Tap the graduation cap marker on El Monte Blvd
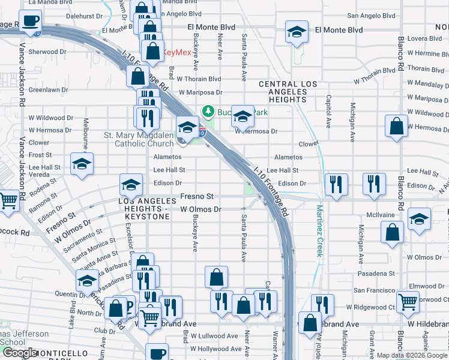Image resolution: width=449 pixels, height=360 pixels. pyautogui.click(x=296, y=32)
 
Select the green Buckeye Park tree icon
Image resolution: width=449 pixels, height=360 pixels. pyautogui.click(x=208, y=111)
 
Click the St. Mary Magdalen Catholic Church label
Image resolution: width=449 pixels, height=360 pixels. pyautogui.click(x=139, y=139)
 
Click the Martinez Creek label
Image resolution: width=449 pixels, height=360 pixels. pyautogui.click(x=319, y=231)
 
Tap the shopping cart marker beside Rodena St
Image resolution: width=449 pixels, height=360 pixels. pyautogui.click(x=8, y=202)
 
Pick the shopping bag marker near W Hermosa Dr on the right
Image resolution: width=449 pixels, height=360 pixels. pyautogui.click(x=397, y=127)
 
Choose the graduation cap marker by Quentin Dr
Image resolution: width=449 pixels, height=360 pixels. pyautogui.click(x=88, y=281)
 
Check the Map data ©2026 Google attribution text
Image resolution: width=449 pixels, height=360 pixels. pyautogui.click(x=411, y=355)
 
